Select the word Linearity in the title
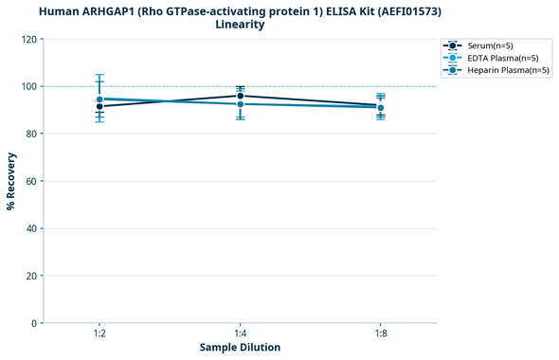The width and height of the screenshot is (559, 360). (x=240, y=25)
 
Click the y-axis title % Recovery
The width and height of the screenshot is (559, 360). (x=11, y=181)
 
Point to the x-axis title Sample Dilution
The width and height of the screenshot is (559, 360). (x=240, y=348)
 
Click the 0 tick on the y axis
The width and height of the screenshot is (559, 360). (x=34, y=323)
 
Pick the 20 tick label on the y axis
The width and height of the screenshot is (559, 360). (x=31, y=276)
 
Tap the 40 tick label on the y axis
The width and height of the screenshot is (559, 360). (x=31, y=228)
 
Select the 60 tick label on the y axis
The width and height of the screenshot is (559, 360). (x=31, y=181)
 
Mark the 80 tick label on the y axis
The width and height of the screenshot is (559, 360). (x=31, y=134)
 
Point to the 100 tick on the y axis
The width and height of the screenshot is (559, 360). (x=28, y=86)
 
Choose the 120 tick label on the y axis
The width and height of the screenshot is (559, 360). (x=28, y=39)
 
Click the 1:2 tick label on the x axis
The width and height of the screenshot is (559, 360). (x=99, y=334)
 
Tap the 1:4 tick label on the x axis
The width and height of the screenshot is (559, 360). (x=240, y=334)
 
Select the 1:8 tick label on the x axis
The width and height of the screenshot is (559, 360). (x=380, y=334)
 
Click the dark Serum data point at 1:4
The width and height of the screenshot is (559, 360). (x=240, y=96)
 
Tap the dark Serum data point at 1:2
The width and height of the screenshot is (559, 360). (x=99, y=106)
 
